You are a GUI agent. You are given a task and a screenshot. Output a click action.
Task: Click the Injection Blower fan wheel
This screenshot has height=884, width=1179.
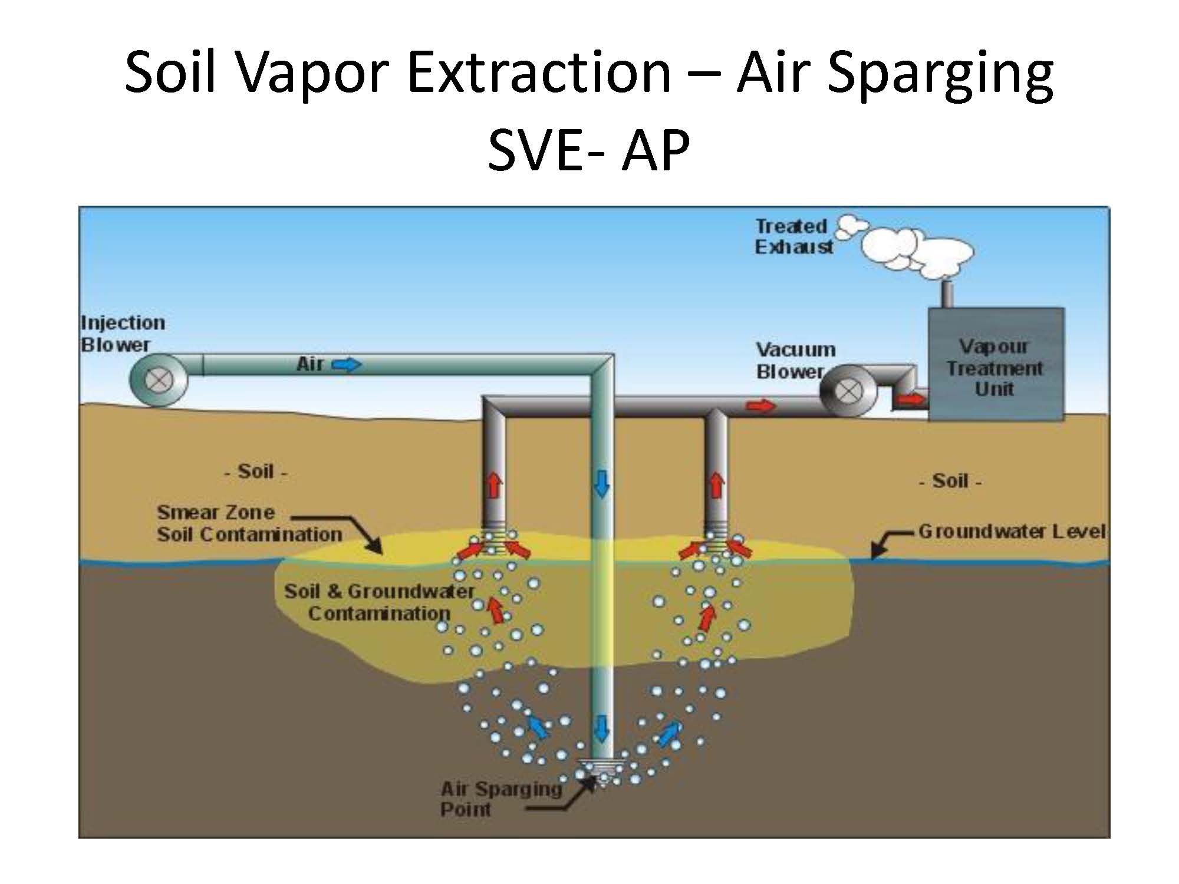(x=159, y=380)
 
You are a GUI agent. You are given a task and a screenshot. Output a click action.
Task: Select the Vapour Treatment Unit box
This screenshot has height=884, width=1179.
(x=996, y=364)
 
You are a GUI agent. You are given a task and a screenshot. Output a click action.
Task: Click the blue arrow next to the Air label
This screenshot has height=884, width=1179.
(x=347, y=365)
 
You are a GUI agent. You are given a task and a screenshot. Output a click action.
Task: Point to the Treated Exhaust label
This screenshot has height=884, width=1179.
(x=793, y=236)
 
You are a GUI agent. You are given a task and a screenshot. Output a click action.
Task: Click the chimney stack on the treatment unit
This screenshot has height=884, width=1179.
(x=947, y=294)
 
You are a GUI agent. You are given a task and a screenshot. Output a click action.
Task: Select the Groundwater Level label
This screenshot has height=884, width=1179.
(x=1012, y=532)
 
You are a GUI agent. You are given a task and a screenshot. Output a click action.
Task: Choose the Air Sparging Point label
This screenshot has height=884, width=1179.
(x=500, y=799)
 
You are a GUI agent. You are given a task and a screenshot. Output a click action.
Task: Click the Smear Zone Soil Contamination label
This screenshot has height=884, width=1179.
(x=249, y=523)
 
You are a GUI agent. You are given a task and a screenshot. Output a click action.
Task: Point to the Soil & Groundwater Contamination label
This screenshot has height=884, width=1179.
(x=379, y=602)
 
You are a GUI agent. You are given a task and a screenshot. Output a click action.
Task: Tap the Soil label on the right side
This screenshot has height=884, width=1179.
(x=950, y=481)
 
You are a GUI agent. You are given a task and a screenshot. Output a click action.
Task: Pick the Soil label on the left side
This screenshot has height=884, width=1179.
(x=256, y=471)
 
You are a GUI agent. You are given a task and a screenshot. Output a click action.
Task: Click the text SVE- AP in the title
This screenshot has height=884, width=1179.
(x=588, y=150)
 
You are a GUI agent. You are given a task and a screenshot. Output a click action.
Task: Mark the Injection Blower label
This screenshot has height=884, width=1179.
(x=123, y=334)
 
